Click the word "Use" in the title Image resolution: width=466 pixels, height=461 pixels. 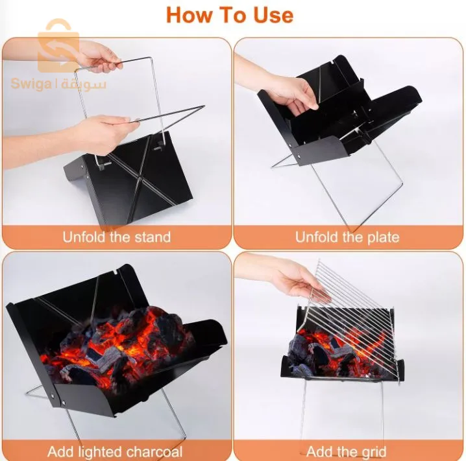tap(273, 15)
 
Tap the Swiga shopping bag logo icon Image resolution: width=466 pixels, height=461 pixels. tap(59, 46)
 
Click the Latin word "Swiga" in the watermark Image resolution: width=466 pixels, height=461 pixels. tap(31, 84)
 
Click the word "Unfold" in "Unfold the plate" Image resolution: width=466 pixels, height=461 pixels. tap(315, 237)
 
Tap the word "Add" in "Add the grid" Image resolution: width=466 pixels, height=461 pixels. tap(316, 452)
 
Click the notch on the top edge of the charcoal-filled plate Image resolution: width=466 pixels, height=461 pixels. tap(116, 271)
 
